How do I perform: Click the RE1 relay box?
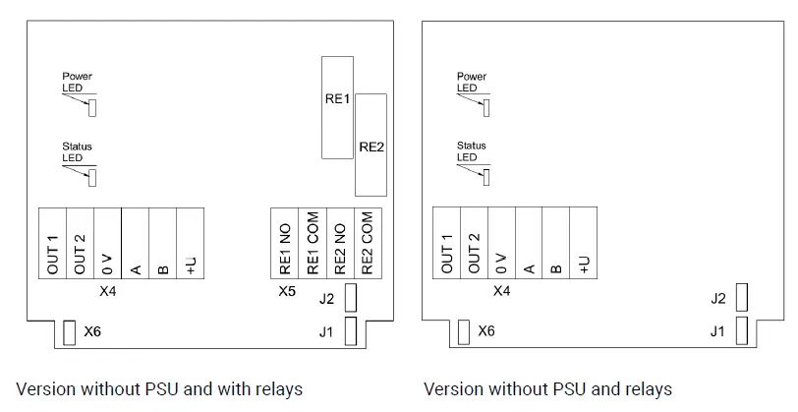[337, 107]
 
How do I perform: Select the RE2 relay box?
[371, 146]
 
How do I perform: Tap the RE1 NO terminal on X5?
[284, 243]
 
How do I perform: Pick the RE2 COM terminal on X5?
[367, 243]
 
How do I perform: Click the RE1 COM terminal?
[313, 243]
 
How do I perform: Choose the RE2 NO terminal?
[340, 243]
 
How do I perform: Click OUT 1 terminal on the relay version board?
[53, 243]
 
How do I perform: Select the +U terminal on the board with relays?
[191, 243]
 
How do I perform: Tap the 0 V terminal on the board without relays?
[501, 243]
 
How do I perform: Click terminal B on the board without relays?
[556, 243]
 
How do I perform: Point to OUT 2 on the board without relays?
[475, 243]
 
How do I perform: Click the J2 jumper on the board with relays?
[351, 298]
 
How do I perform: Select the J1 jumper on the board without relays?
[742, 330]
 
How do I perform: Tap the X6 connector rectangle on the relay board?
[69, 332]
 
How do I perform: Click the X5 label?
[287, 291]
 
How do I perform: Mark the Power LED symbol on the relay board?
[92, 108]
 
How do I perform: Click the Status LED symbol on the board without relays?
[486, 177]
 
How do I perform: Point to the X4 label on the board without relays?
[502, 291]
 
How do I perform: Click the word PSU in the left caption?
[162, 389]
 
